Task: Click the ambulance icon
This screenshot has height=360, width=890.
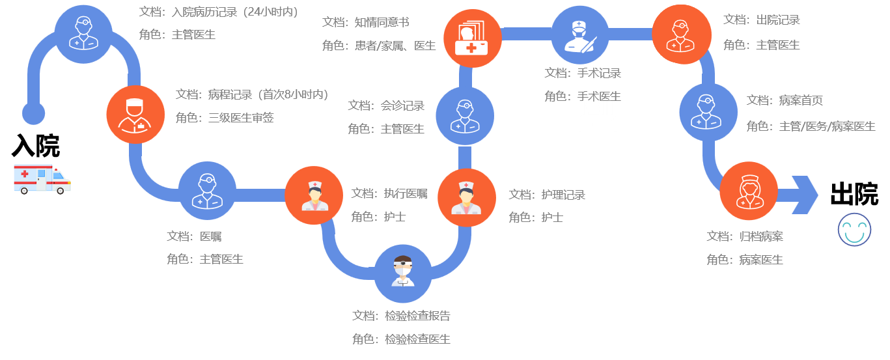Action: click(42, 178)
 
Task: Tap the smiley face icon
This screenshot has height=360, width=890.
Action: click(854, 230)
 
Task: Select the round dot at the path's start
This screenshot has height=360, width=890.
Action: click(33, 113)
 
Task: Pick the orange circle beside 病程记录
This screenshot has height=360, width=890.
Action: click(135, 115)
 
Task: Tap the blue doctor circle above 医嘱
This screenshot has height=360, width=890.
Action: click(207, 191)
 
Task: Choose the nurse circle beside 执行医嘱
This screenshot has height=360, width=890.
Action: click(314, 195)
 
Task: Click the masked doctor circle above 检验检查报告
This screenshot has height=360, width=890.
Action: click(402, 273)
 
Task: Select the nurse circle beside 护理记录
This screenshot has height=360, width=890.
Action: click(466, 197)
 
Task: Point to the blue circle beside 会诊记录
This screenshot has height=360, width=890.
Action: click(464, 116)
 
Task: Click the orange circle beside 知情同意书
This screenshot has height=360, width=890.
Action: click(472, 38)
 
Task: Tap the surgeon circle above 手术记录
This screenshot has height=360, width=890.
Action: click(579, 35)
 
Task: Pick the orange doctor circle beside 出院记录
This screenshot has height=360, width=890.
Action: click(681, 34)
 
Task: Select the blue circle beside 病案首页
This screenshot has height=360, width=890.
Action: click(708, 112)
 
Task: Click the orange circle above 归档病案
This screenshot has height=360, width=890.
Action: click(749, 191)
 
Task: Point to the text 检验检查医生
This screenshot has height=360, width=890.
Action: click(417, 339)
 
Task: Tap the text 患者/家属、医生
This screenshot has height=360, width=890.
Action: click(395, 46)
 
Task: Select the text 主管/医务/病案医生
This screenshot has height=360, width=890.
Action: click(827, 126)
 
